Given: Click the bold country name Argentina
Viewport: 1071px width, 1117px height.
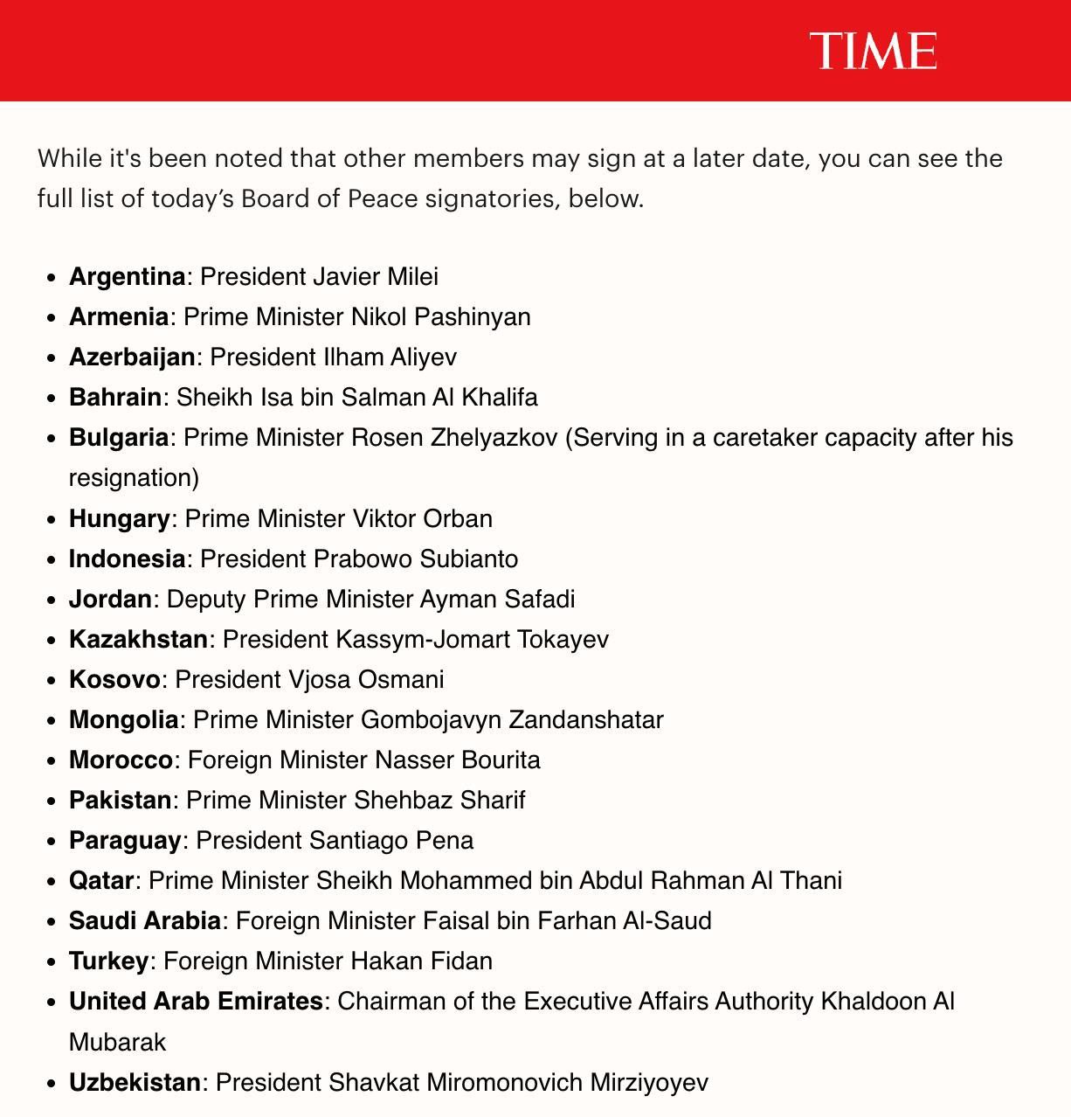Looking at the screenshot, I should point(127,276).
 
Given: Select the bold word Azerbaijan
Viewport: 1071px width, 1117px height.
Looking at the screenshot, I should point(132,357).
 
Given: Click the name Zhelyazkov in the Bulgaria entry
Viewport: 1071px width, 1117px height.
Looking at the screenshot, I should point(494,437).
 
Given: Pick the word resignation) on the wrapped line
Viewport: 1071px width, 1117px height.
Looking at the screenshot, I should point(134,477).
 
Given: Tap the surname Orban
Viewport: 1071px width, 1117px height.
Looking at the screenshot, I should point(458,518).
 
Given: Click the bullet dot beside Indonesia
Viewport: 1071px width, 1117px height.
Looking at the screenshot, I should point(51,559).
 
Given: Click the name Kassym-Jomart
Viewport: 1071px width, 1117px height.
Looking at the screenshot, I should point(423,639).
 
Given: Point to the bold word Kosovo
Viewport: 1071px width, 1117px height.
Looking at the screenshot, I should point(114,679).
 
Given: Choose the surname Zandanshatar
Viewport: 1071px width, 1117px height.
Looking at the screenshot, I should point(586,719).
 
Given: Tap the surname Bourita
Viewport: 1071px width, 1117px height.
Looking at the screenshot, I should point(500,760).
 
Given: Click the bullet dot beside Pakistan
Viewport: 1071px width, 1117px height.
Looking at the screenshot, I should point(51,801).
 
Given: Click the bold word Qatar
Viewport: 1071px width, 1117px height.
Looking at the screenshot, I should point(100,880).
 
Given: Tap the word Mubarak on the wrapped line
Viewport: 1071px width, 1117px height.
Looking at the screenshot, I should point(117,1042).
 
